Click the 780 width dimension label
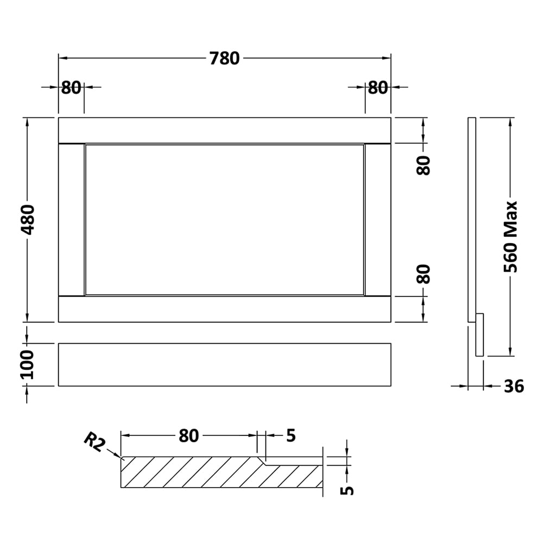click(x=224, y=58)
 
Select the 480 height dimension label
click(x=27, y=219)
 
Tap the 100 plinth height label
click(x=27, y=364)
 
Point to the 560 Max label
click(x=510, y=237)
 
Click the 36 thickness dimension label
click(x=514, y=386)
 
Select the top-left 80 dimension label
click(x=71, y=87)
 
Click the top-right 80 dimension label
click(x=378, y=87)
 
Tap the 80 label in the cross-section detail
click(x=189, y=435)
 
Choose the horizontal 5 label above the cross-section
click(x=291, y=435)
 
